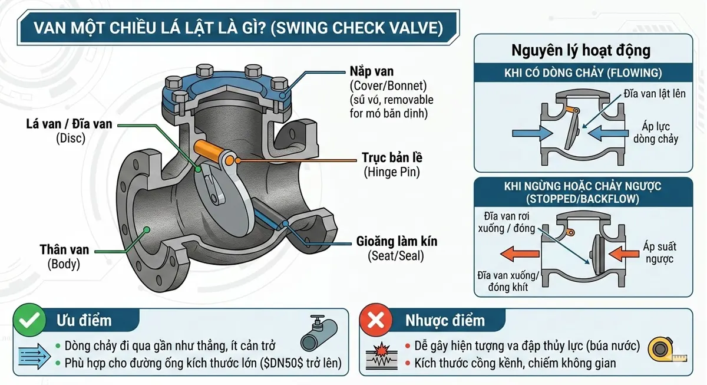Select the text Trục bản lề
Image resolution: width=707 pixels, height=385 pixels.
point(392,159)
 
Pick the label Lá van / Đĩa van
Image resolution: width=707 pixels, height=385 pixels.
point(69,124)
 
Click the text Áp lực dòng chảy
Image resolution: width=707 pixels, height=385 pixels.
point(656,133)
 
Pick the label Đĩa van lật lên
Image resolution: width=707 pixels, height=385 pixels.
point(654,94)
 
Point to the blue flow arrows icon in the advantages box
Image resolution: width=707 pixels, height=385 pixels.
point(34,355)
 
